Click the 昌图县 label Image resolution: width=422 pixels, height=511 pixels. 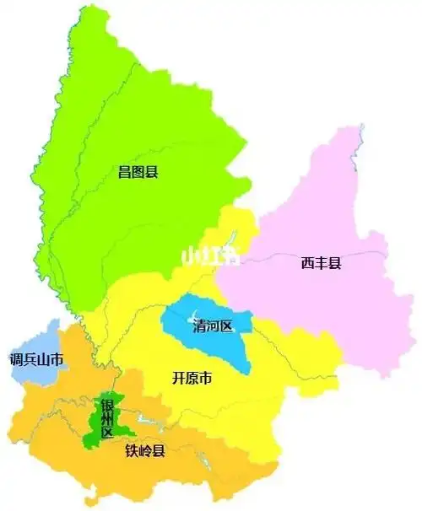tap(138, 172)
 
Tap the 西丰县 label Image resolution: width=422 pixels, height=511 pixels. tap(321, 263)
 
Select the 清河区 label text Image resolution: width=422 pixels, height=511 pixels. tap(211, 325)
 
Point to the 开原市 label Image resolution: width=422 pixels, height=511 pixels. tap(191, 379)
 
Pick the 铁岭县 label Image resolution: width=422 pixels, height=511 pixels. tap(145, 450)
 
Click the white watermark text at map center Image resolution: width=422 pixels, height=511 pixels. tap(210, 255)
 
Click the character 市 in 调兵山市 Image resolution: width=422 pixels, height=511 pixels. tap(57, 360)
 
